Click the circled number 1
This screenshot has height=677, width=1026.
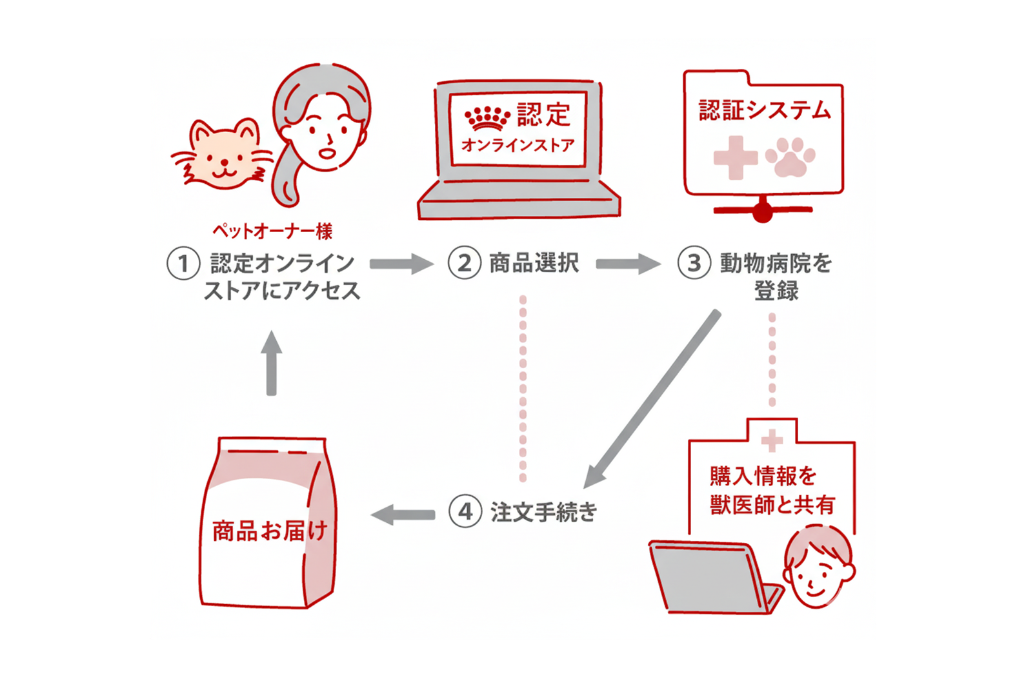183,264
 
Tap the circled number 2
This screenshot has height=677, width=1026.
464,263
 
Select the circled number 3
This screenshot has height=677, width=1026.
694,263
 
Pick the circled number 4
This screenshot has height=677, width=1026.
465,512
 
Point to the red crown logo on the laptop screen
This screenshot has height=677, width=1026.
487,118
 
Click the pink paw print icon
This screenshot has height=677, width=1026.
790,157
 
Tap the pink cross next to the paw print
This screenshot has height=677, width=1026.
735,157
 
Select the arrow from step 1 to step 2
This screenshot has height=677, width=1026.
401,264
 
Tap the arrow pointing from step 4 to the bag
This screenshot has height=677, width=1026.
403,515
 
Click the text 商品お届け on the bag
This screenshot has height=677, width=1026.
270,531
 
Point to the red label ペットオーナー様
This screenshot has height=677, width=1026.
272,231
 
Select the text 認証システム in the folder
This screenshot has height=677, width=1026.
765,110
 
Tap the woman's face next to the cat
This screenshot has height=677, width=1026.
326,132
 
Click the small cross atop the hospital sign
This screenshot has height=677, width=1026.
771,441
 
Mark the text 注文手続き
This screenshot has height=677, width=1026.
543,512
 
